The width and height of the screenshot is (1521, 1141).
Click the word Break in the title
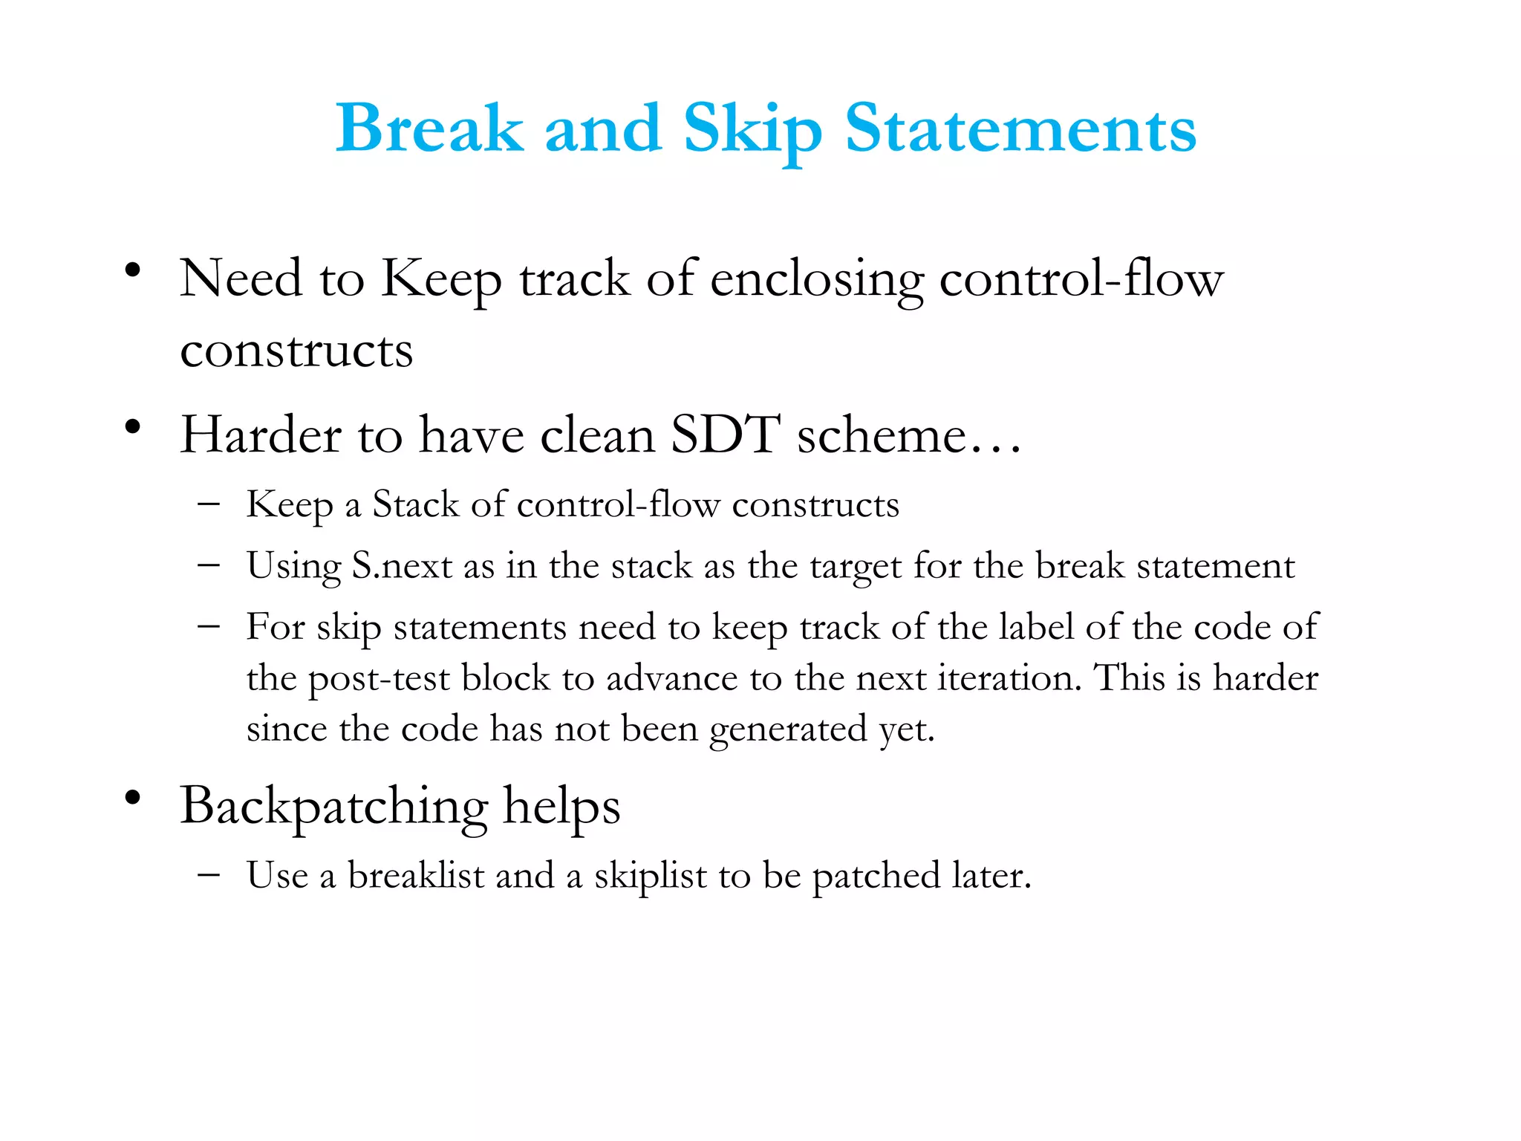pos(429,129)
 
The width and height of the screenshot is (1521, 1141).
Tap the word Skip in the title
pos(752,130)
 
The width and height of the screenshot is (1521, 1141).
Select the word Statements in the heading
pos(1020,129)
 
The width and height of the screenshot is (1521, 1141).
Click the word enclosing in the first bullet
pos(816,281)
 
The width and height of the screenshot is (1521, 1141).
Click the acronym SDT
pos(725,435)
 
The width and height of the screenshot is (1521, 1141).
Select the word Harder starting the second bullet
pos(261,435)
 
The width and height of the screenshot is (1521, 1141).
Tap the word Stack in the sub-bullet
pos(415,505)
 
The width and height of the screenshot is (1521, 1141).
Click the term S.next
pos(401,567)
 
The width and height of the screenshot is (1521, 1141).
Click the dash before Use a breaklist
pos(209,874)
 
